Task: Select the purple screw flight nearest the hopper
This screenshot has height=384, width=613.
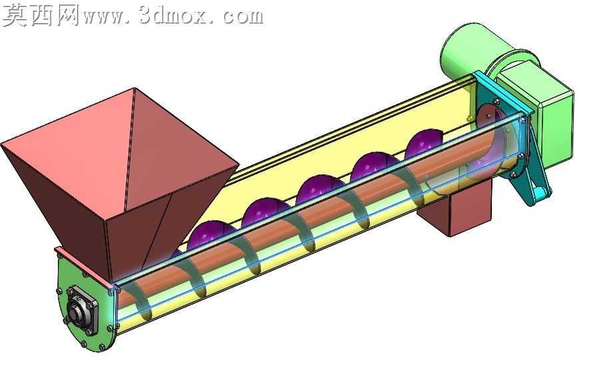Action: pos(207,236)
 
